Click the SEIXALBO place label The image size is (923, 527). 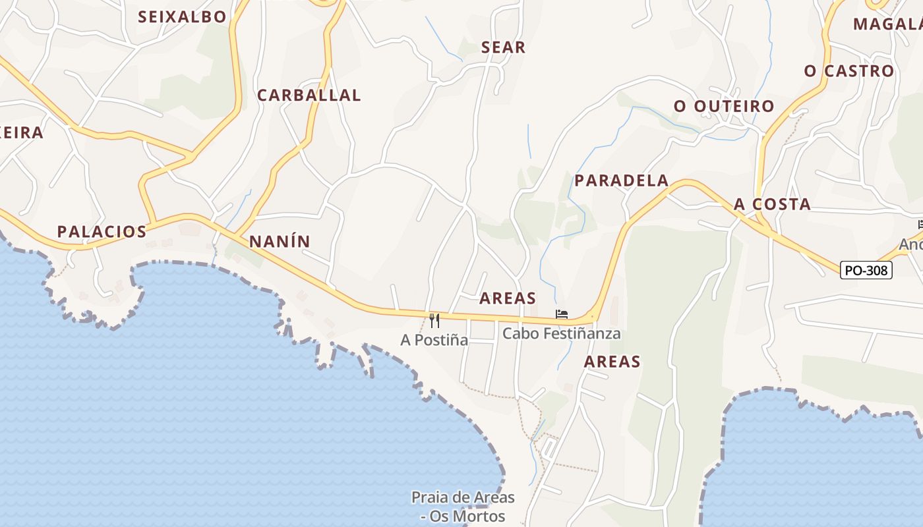[182, 17]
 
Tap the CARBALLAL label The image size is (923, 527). [309, 96]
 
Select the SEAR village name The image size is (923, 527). [504, 47]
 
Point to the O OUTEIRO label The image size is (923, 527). [724, 107]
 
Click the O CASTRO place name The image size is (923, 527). [849, 71]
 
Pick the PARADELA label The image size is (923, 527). [622, 180]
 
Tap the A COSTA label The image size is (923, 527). [773, 204]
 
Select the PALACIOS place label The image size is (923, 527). [102, 232]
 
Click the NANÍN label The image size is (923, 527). [280, 242]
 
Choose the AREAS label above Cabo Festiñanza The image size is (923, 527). [508, 298]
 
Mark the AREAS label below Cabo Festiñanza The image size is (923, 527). [612, 361]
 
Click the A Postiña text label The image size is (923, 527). [434, 340]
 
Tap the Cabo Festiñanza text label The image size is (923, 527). [562, 333]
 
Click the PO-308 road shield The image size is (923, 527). [866, 269]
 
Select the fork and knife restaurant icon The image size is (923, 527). [434, 320]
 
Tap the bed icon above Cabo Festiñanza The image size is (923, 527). [561, 314]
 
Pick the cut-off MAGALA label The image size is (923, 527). [887, 24]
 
